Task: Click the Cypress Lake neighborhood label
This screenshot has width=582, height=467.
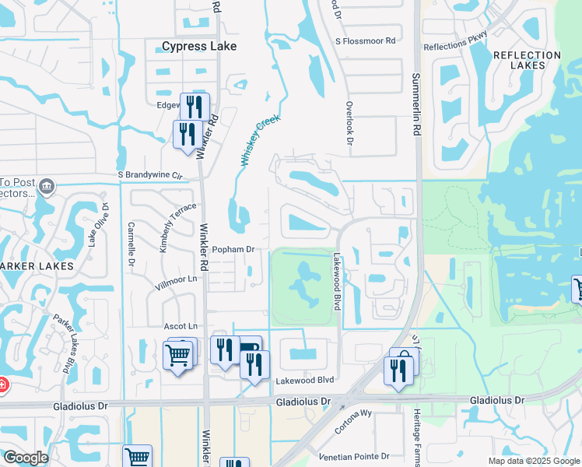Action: pyautogui.click(x=199, y=47)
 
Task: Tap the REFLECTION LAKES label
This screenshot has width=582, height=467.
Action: pyautogui.click(x=527, y=61)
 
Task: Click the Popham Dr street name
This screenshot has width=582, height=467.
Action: pyautogui.click(x=233, y=249)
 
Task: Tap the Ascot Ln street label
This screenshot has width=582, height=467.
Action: pyautogui.click(x=181, y=325)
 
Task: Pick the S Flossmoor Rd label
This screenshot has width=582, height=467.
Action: pyautogui.click(x=366, y=40)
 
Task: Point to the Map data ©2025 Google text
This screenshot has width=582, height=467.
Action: pyautogui.click(x=533, y=461)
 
